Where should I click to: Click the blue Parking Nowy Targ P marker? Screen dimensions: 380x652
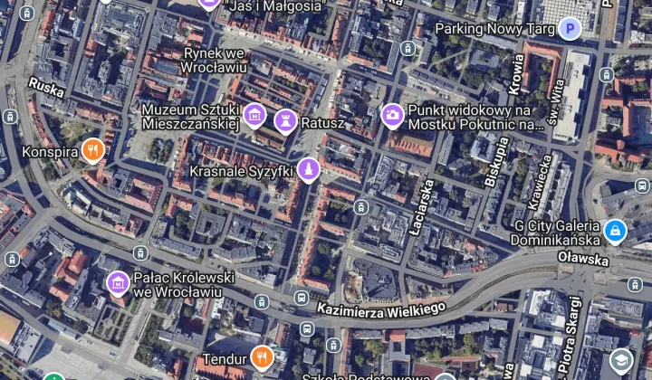pyautogui.click(x=569, y=29)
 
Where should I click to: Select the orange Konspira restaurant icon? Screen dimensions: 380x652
pyautogui.click(x=92, y=151)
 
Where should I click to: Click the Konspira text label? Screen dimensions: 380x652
pyautogui.click(x=50, y=152)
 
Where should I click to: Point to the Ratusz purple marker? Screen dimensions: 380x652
pyautogui.click(x=285, y=119)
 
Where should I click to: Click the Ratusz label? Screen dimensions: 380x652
pyautogui.click(x=323, y=120)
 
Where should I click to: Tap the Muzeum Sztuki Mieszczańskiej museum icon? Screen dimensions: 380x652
pyautogui.click(x=255, y=115)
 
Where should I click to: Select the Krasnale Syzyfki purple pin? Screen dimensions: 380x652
pyautogui.click(x=309, y=169)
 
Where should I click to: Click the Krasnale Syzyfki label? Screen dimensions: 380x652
pyautogui.click(x=241, y=171)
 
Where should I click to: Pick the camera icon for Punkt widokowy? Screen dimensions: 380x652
pyautogui.click(x=392, y=114)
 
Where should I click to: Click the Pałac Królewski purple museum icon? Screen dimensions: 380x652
pyautogui.click(x=117, y=283)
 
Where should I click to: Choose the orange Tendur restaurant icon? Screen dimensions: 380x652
pyautogui.click(x=262, y=356)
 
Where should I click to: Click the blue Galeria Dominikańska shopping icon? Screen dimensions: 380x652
pyautogui.click(x=615, y=232)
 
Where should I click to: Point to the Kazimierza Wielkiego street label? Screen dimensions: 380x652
pyautogui.click(x=380, y=309)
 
